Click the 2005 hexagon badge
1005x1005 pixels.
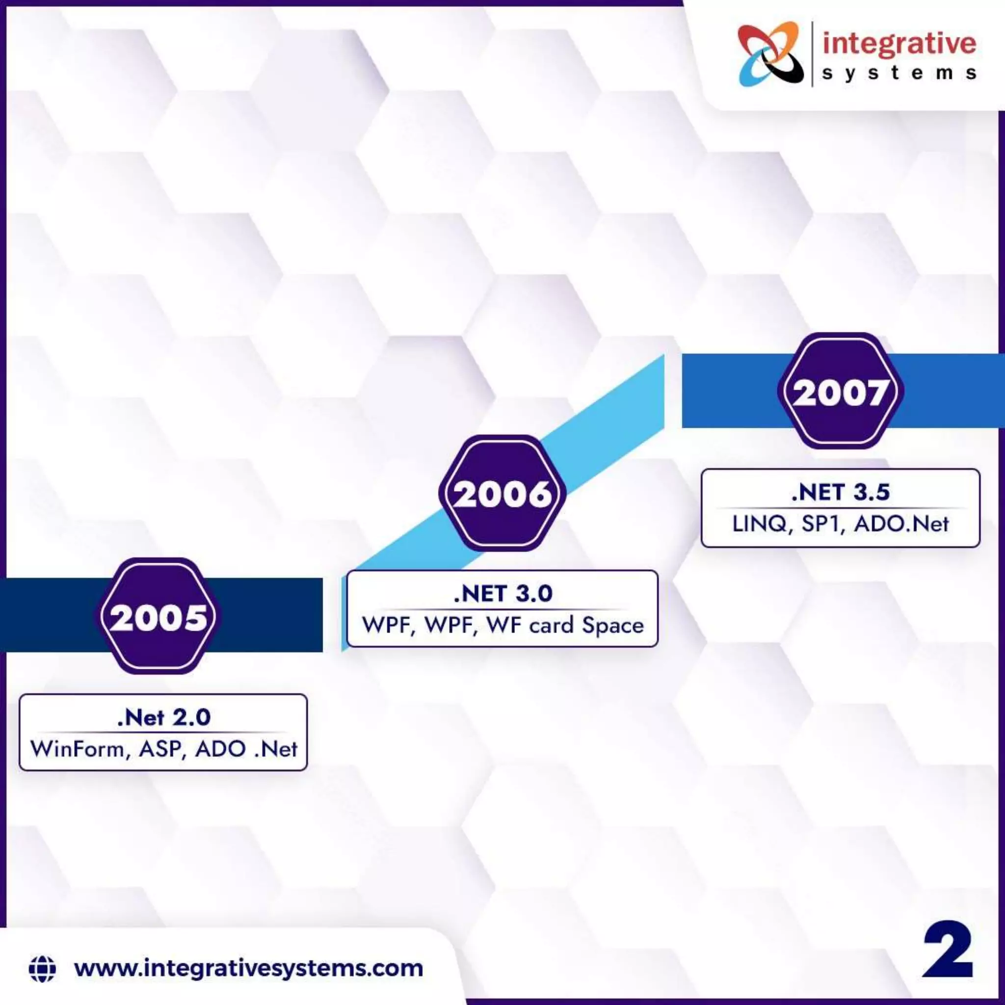point(159,616)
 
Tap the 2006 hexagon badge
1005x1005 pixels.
point(502,493)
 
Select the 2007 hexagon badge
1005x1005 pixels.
point(841,391)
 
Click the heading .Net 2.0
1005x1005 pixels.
point(164,718)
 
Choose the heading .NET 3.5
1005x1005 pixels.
point(841,492)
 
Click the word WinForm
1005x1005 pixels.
point(77,749)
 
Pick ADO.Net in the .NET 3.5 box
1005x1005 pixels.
point(901,524)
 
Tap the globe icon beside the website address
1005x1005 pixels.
point(42,968)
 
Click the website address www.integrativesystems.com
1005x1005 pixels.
point(249,969)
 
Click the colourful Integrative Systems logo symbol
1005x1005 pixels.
point(769,54)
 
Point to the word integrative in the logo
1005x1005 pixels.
point(899,44)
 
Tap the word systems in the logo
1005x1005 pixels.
point(899,73)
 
